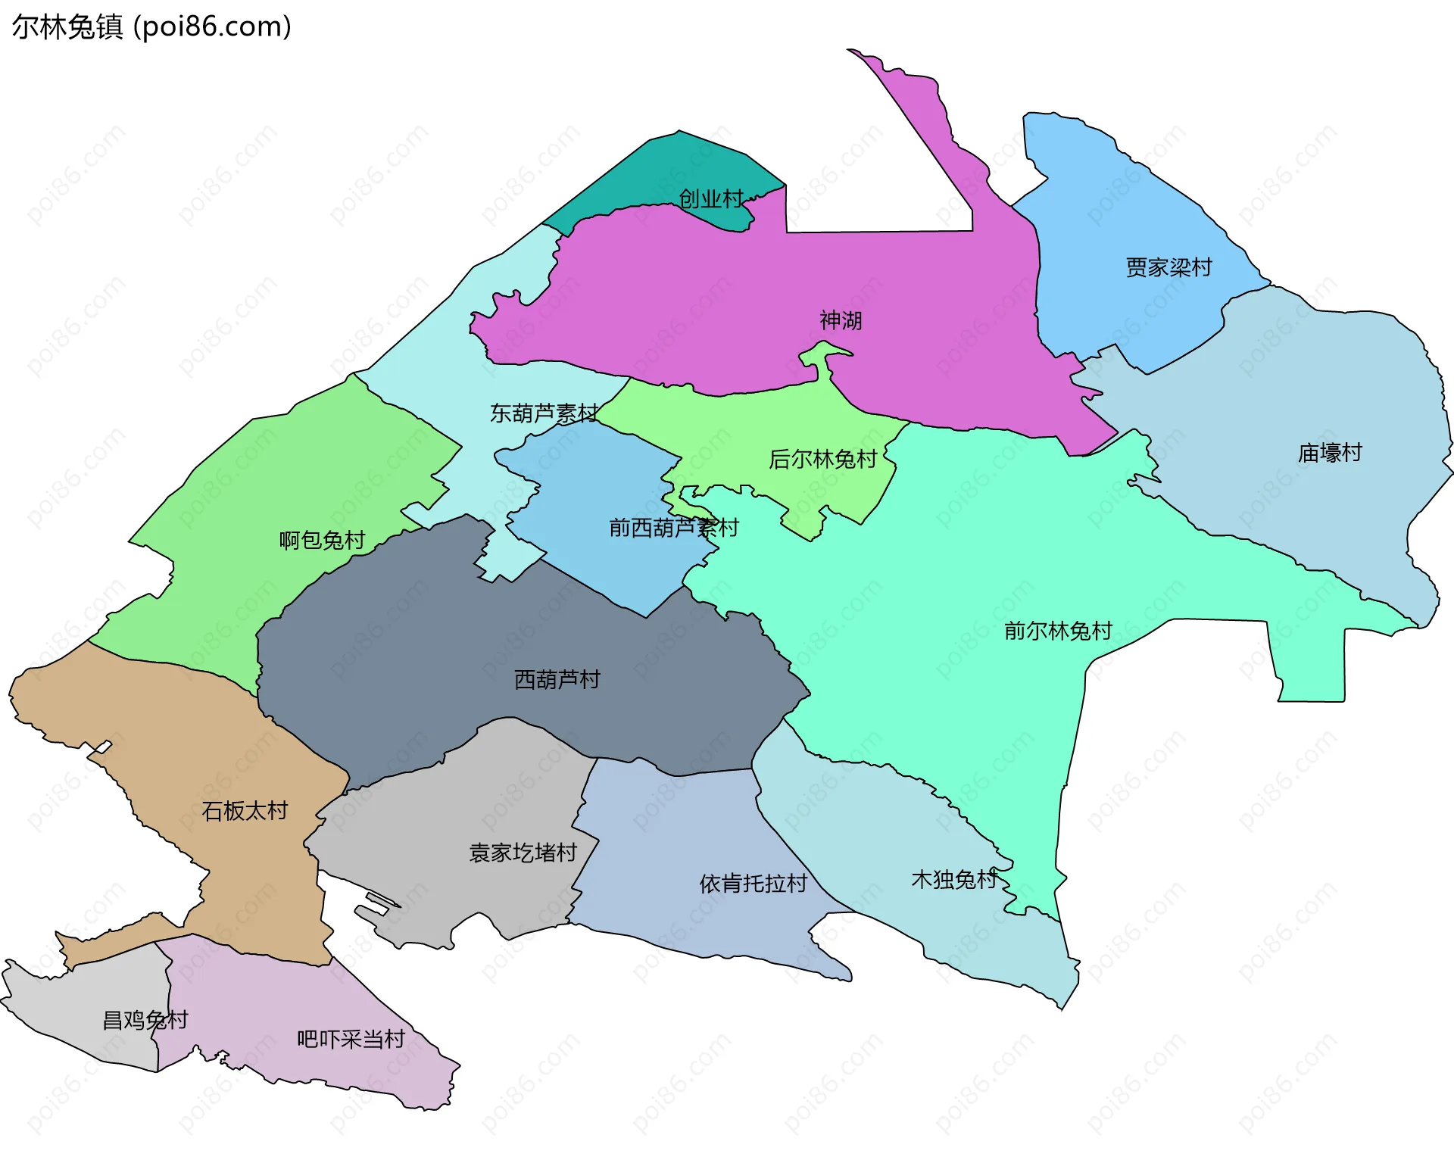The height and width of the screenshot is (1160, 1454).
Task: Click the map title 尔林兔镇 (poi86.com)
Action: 151,27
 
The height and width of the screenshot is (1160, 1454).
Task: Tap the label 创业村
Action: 710,199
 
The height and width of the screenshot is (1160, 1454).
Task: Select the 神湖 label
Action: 841,320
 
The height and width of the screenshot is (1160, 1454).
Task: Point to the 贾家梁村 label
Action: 1169,267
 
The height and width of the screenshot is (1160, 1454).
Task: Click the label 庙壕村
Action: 1330,453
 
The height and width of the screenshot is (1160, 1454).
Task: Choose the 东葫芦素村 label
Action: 544,413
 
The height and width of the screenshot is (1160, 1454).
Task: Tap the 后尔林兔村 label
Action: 822,459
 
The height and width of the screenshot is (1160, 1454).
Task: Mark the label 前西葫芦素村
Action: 674,528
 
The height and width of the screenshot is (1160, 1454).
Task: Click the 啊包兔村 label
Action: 322,540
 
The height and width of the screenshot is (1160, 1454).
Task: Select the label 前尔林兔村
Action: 1058,631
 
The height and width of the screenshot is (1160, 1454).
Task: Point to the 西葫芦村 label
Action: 557,679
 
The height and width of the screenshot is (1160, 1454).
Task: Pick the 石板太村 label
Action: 245,811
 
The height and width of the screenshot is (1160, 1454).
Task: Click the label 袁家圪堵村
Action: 523,853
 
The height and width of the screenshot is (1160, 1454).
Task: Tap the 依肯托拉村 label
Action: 753,883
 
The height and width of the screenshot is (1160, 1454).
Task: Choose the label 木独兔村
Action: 954,879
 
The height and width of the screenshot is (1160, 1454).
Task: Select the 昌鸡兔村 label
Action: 145,1020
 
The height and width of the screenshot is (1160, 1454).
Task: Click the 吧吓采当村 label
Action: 351,1039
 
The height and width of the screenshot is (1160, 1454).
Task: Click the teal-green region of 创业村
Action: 666,167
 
